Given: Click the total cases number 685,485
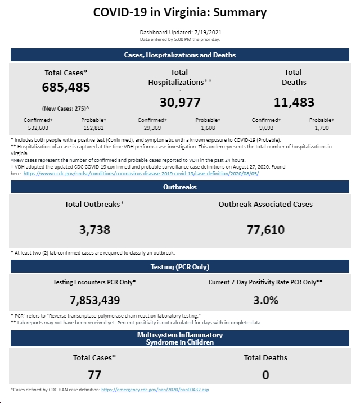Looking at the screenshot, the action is point(66,87).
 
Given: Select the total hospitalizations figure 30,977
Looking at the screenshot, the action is point(180,102).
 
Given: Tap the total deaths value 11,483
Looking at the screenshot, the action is point(294,102).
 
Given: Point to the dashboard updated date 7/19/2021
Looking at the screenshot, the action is point(208,33).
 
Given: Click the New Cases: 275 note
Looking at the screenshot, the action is point(66,108).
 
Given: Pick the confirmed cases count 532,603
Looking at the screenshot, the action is point(38,128).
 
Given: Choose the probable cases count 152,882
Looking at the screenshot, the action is point(93,128).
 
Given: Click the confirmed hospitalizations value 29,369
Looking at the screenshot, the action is point(152,128).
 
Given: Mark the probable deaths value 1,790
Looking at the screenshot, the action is point(322,128).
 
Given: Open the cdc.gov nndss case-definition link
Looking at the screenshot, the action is point(141,174).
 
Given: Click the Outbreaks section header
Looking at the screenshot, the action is point(180,187).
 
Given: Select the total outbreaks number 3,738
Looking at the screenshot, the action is point(94,229).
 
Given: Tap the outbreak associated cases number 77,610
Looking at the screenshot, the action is point(265,229).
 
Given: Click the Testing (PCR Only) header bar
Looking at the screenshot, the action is point(180,266).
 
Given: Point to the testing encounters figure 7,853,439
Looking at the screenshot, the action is point(95,300).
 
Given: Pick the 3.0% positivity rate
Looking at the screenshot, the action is point(265,300).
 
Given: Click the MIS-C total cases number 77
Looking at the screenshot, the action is point(94,375).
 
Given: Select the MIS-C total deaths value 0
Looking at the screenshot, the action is point(265,375).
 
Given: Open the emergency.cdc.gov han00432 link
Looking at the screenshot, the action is point(155,390).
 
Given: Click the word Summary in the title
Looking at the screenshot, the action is point(240,12).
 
